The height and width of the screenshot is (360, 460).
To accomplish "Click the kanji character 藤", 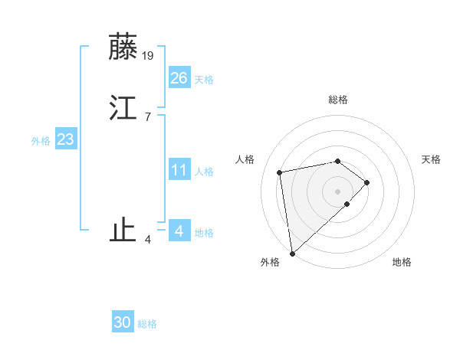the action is tap(123, 47).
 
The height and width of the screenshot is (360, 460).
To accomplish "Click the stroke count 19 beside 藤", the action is tap(149, 55).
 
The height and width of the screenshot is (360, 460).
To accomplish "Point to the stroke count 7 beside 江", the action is tap(147, 116).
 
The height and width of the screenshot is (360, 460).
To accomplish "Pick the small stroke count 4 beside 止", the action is tap(147, 240).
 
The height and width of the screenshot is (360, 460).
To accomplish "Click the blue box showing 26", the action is tap(179, 77).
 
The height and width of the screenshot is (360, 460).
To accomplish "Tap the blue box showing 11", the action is tap(179, 169).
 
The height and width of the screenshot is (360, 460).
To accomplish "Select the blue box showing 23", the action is tap(65, 139).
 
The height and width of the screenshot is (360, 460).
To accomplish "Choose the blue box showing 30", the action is tap(123, 322).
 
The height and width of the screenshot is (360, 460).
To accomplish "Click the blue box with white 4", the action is tap(179, 231).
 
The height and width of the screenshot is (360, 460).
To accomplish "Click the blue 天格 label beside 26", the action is tap(204, 80).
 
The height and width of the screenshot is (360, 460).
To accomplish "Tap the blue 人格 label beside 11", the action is tap(204, 172).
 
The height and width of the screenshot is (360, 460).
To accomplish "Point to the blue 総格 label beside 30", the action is tap(147, 325).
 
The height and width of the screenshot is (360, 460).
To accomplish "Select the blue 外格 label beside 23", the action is tap(41, 141).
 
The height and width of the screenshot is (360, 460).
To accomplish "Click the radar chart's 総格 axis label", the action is tap(338, 100).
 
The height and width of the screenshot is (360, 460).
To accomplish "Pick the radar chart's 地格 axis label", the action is tap(402, 263).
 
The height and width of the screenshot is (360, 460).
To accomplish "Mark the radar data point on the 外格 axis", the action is tap(291, 253).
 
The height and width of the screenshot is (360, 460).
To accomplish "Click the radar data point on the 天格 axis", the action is tap(367, 182).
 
